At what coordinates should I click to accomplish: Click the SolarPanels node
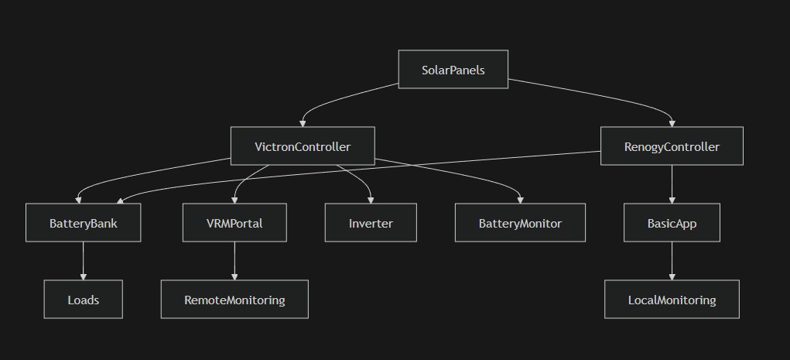pos(453,70)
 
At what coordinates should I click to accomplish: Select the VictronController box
pos(303,146)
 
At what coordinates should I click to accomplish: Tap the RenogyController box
pos(672,146)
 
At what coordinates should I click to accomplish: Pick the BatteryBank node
pos(83,223)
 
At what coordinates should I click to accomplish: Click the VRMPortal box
pos(234,223)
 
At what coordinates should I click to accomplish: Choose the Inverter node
pos(371,223)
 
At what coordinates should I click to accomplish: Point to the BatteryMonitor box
pos(520,223)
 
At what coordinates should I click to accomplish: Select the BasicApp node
pos(672,223)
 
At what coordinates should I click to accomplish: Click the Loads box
pos(83,300)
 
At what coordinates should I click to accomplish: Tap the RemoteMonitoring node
pos(234,300)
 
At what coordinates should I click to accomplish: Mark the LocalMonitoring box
pos(672,300)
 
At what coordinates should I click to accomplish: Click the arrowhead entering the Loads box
pos(83,276)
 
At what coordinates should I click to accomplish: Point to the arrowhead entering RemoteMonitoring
pos(234,276)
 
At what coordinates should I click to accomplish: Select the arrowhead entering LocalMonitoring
pos(672,276)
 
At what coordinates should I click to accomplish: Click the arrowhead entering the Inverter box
pos(371,200)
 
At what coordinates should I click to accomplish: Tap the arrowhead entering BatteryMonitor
pos(520,200)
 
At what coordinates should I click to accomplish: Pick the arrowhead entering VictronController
pos(303,123)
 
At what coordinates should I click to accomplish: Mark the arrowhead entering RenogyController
pos(672,123)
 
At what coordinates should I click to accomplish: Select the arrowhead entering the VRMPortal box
pos(234,200)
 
